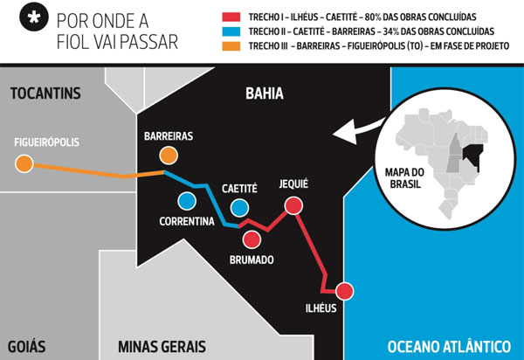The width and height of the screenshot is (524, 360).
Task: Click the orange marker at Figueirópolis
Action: coord(24,163)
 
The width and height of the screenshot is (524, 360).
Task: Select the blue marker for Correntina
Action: coord(186,200)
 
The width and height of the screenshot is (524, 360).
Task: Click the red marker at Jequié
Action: coord(293,205)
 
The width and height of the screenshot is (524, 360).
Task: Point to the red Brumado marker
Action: coord(252,239)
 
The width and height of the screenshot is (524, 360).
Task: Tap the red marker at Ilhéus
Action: coord(344,291)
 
